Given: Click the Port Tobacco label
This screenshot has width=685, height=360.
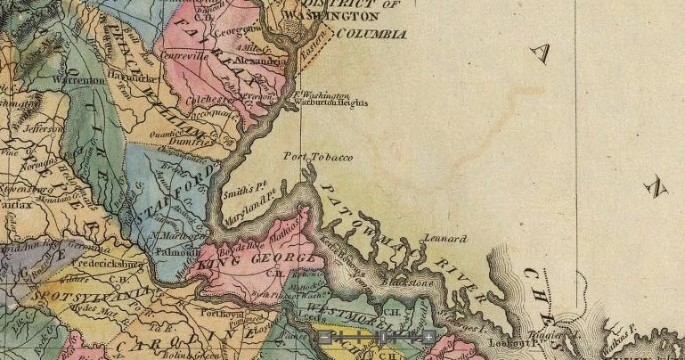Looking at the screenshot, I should (318, 157).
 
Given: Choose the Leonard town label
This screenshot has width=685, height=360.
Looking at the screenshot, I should (444, 240).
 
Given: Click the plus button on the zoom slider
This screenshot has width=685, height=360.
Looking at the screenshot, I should (428, 337).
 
